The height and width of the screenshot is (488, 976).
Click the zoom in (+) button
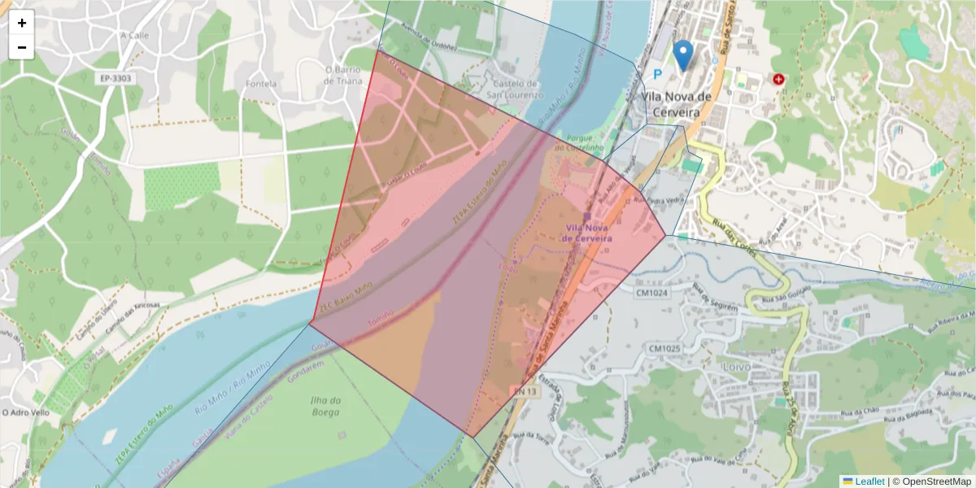[x=22, y=23]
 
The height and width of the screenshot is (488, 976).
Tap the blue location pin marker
[x=684, y=54]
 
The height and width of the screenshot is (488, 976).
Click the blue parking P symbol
[x=659, y=73]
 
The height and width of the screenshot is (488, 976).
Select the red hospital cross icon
[x=779, y=79]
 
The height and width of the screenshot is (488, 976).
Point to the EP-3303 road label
[x=115, y=78]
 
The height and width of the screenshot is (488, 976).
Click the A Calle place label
[x=135, y=35]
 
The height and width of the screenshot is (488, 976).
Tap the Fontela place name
[x=261, y=83]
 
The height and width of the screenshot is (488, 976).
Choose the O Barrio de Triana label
[x=349, y=75]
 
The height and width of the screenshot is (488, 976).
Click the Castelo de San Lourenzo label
[x=514, y=89]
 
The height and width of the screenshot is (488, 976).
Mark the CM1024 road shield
[x=652, y=293]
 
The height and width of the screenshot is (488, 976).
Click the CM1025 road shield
[x=664, y=348]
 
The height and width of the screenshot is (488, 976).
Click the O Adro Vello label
[x=28, y=412]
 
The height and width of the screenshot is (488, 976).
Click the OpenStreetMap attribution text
[x=932, y=481]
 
